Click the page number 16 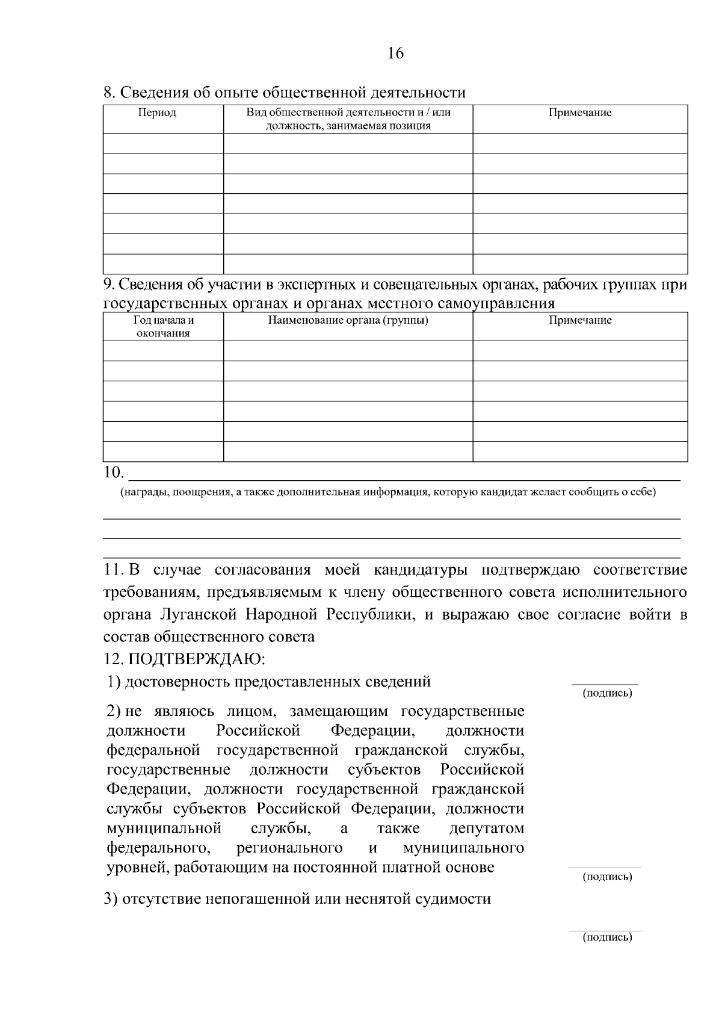(x=396, y=54)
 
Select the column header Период (x=157, y=113)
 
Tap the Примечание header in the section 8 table (x=580, y=113)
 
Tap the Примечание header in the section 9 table (x=580, y=320)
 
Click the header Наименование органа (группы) (x=348, y=320)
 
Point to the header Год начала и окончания (x=163, y=327)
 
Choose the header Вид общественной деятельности (x=348, y=119)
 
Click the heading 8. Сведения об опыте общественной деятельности (x=285, y=93)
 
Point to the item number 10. (x=114, y=472)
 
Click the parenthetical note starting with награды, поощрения (x=388, y=492)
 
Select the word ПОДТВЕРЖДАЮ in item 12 (x=196, y=659)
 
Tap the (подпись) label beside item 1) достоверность (x=607, y=693)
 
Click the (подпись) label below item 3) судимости (x=607, y=937)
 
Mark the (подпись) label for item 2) (x=607, y=877)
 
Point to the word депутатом (x=487, y=828)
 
